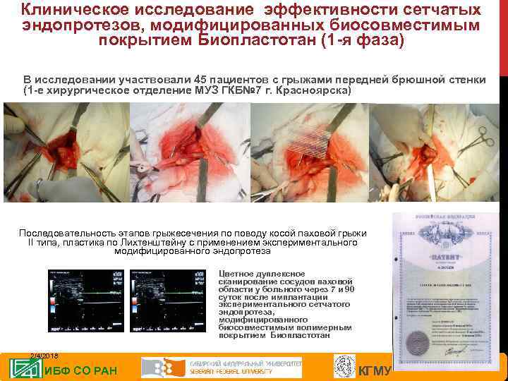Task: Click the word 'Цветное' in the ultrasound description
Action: coord(240,274)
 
